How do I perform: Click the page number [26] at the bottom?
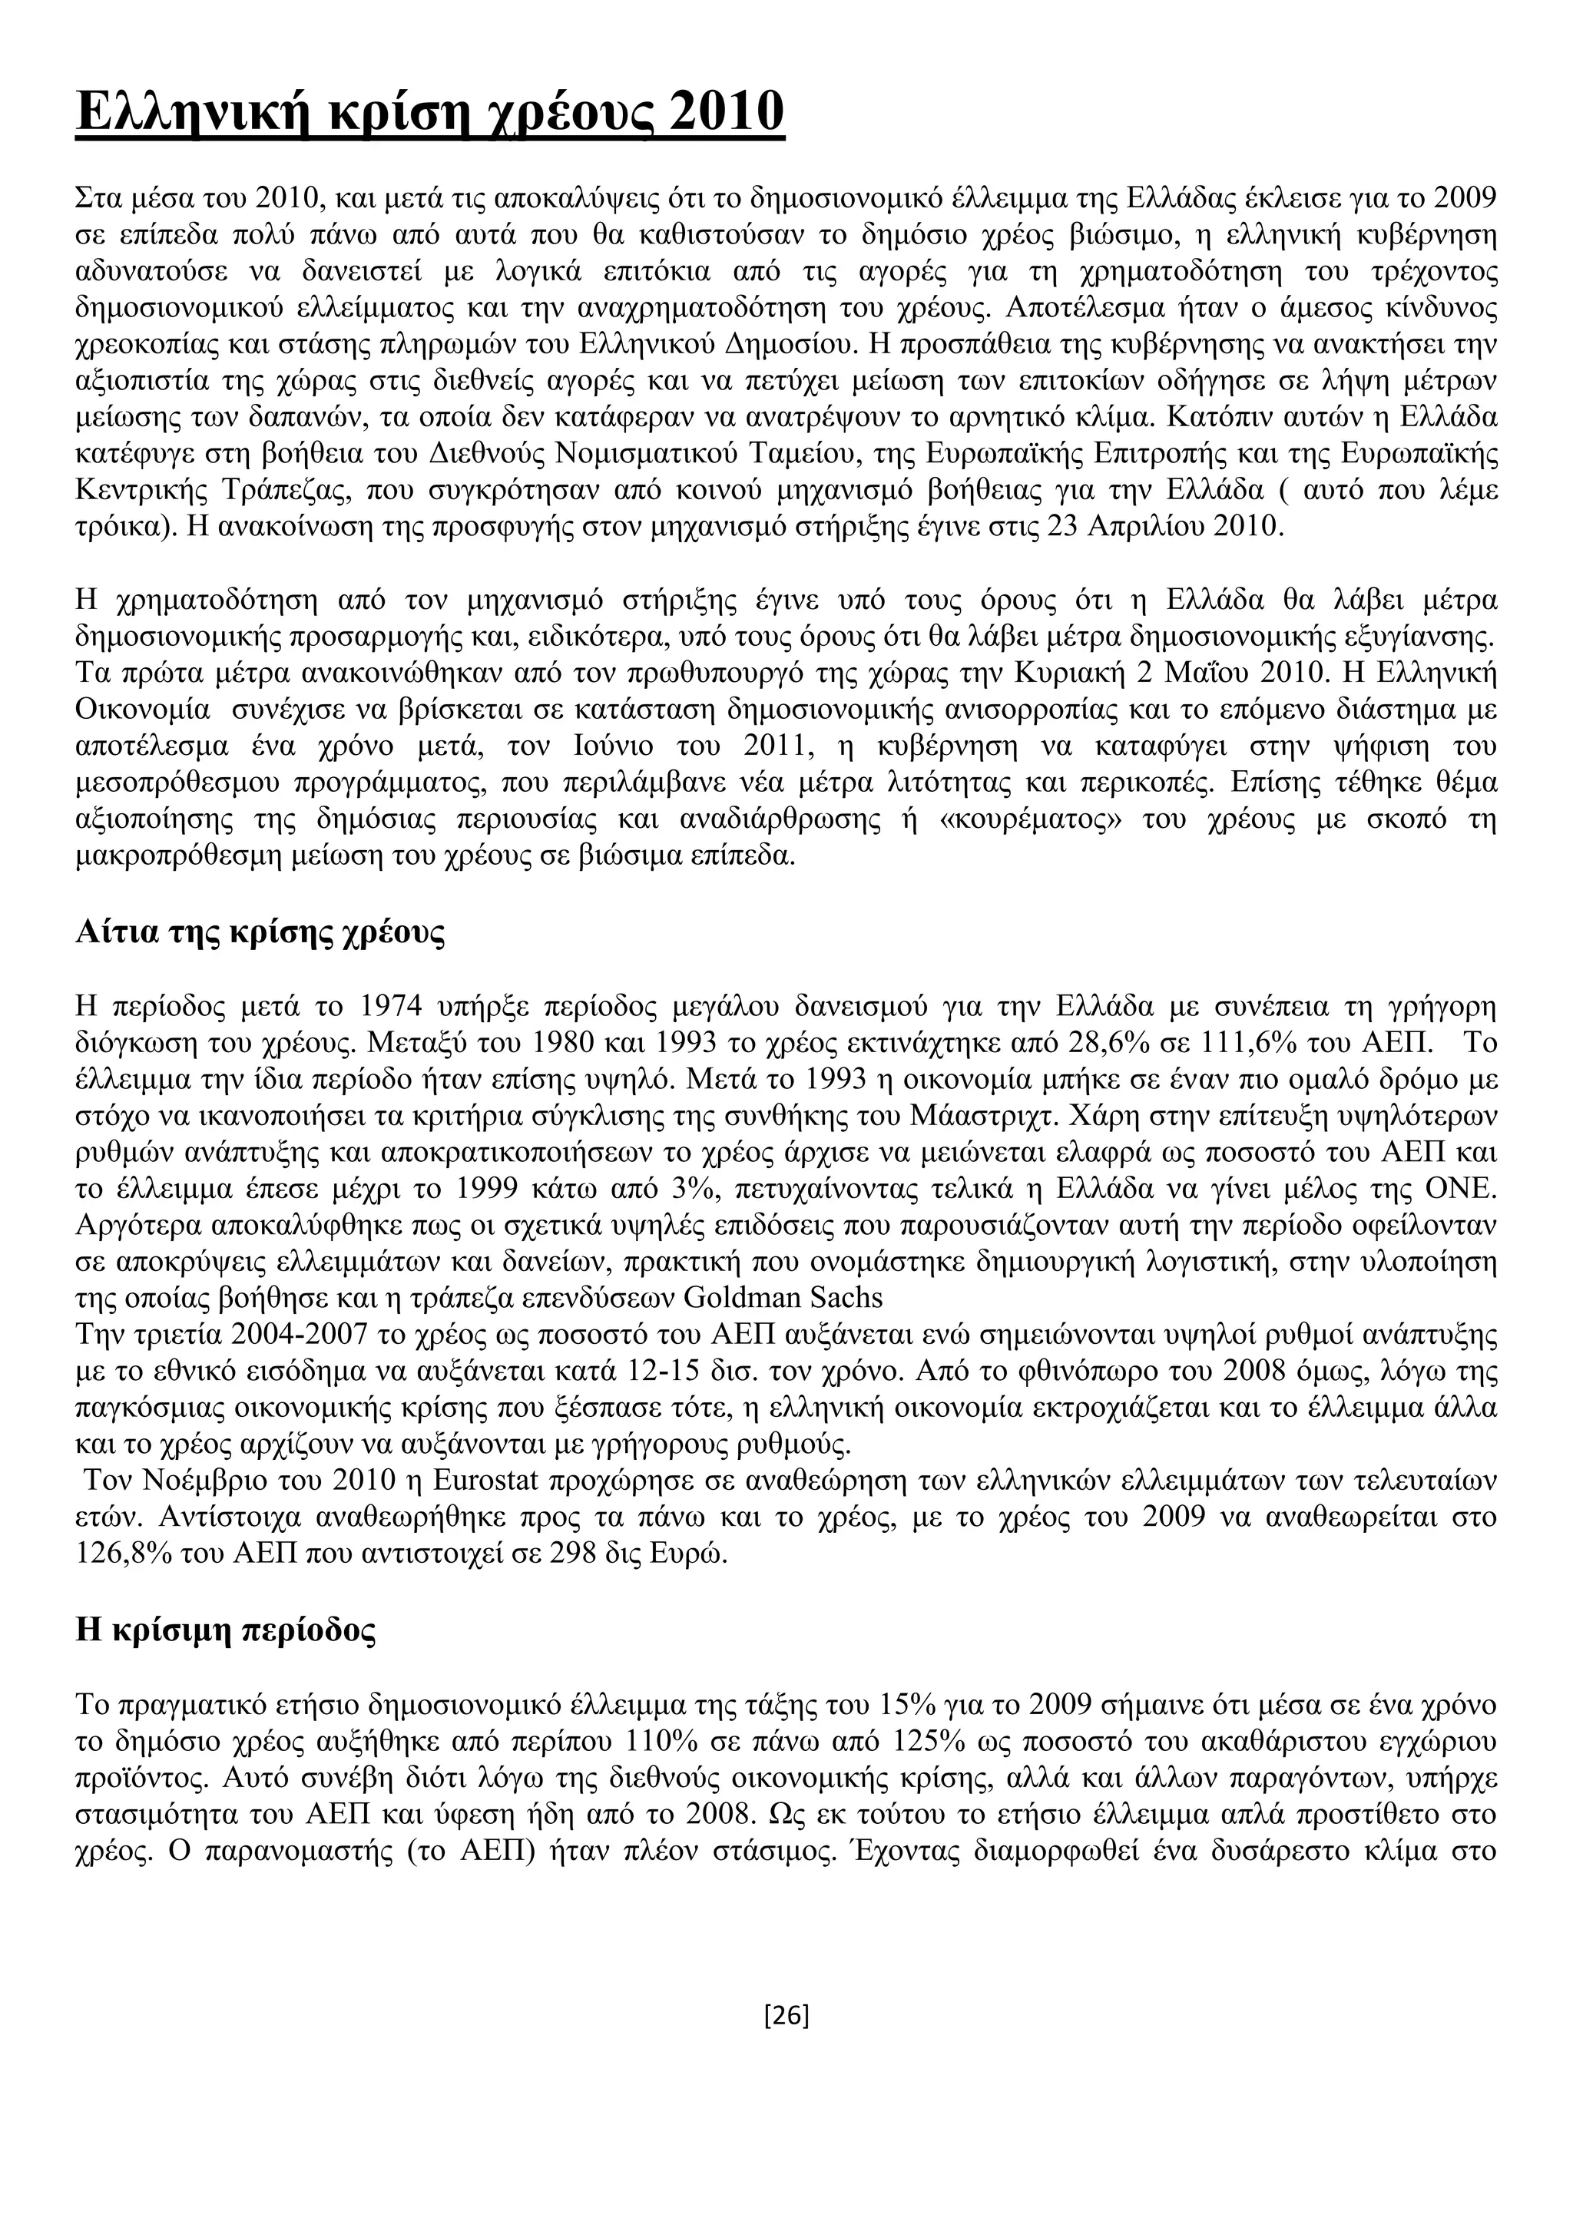786,2016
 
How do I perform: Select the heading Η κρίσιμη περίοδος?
226,1631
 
